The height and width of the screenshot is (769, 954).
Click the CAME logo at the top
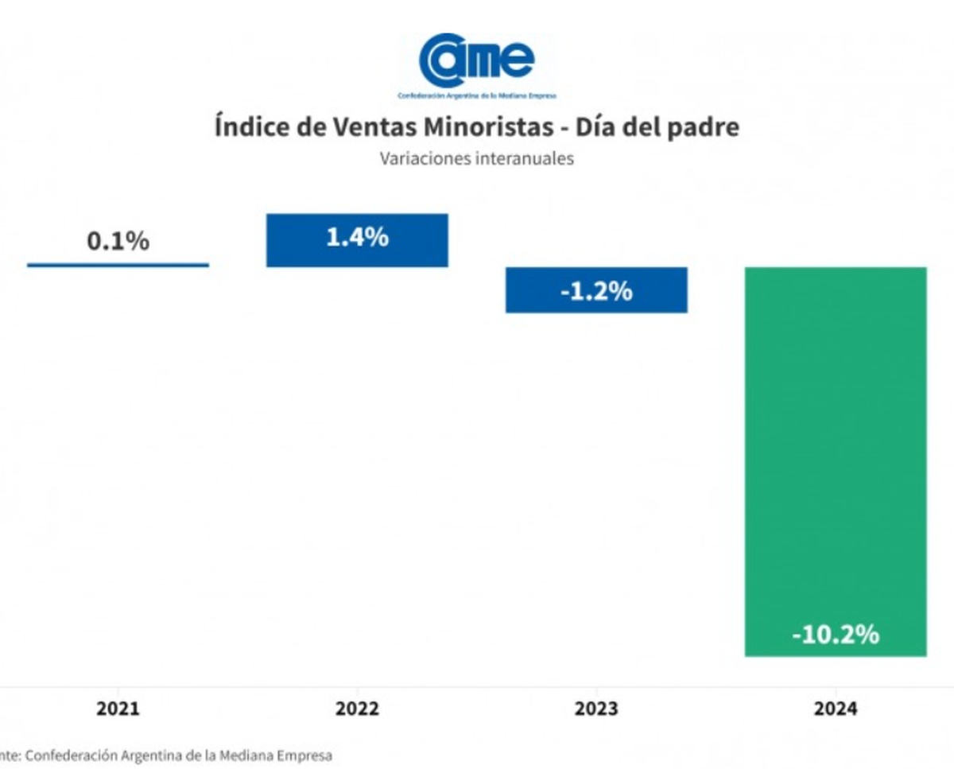click(477, 61)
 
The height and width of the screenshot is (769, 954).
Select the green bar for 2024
click(836, 461)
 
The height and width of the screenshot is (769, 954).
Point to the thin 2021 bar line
click(118, 265)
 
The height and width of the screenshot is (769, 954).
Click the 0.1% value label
click(118, 241)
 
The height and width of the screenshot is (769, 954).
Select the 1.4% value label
click(357, 237)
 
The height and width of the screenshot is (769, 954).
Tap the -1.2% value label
click(596, 291)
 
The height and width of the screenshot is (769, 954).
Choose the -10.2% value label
click(836, 635)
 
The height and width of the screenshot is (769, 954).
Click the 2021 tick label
click(118, 709)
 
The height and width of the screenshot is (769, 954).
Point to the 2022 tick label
click(357, 709)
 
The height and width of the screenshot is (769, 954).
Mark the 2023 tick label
click(596, 709)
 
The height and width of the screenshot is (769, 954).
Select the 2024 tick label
click(836, 709)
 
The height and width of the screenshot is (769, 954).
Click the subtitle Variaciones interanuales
click(476, 158)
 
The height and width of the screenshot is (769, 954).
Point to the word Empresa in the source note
click(303, 755)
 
